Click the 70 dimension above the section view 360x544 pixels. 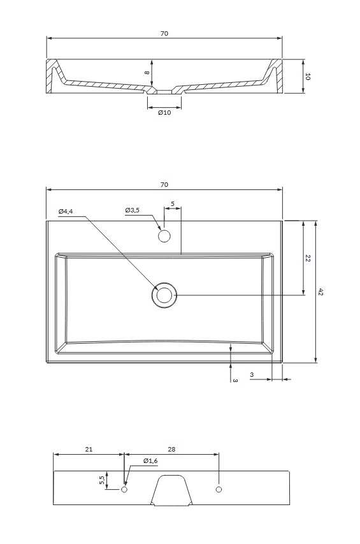click(164, 34)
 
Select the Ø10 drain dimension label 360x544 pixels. click(164, 112)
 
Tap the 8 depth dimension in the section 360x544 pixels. click(147, 73)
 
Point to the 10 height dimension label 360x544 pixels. click(307, 77)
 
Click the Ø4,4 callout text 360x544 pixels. click(66, 211)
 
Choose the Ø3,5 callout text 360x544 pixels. click(133, 210)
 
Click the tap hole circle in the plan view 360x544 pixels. click(164, 236)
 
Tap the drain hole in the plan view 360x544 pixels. click(164, 295)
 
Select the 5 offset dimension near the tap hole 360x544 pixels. click(173, 203)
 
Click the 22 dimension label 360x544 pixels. click(308, 258)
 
